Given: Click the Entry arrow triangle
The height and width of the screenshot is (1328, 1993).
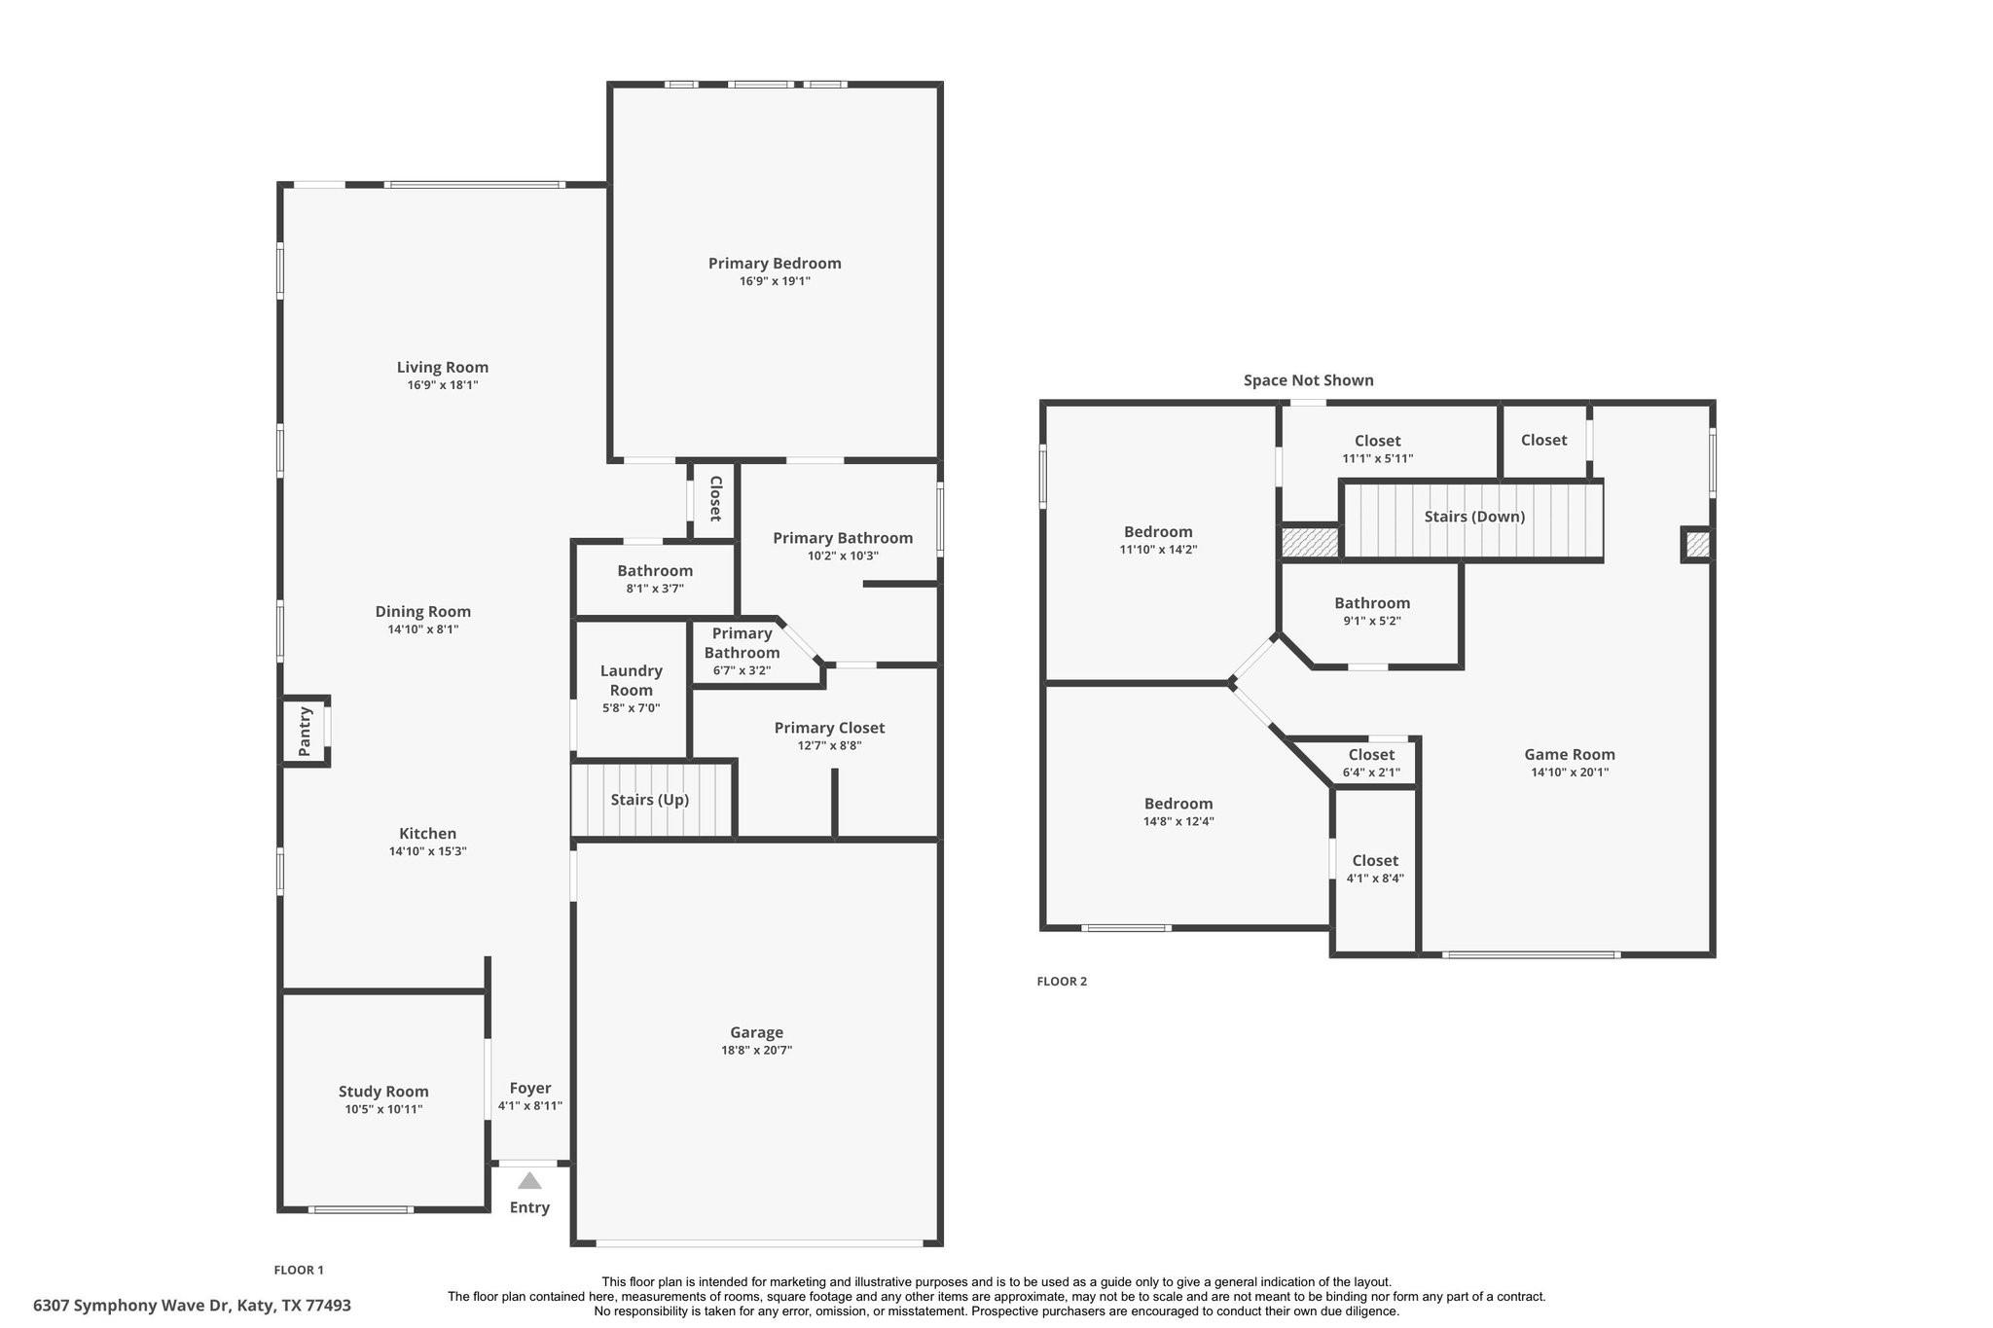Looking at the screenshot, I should [529, 1181].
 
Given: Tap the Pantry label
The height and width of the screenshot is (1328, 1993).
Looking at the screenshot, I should [305, 731].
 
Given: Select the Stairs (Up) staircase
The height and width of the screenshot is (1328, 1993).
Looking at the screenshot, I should [650, 800].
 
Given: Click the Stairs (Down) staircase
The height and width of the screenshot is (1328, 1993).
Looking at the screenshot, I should [1473, 518].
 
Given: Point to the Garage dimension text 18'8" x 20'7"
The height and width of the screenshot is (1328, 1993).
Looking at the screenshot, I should [756, 1051].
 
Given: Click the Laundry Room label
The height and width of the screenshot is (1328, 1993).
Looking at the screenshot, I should [631, 680].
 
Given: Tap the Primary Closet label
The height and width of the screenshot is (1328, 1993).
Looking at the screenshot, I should [829, 728].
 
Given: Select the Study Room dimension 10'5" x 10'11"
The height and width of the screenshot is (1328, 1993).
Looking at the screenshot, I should [383, 1109].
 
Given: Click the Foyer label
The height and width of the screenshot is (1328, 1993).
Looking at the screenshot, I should [530, 1088].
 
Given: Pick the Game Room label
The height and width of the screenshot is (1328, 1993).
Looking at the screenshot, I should [1569, 754].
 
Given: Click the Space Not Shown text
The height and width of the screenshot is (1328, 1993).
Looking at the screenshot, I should [1308, 380].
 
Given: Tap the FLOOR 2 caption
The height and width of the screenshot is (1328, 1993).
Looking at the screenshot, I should [1062, 982].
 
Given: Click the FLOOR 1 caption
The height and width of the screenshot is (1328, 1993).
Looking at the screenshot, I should [299, 1270].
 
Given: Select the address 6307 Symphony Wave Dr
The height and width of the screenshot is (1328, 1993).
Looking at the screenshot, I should [192, 1306].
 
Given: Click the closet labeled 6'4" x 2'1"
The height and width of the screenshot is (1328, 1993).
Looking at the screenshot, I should [1371, 763].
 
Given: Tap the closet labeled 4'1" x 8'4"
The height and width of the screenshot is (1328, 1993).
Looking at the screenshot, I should [1375, 869].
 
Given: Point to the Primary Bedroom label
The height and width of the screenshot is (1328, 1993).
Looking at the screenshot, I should [775, 264].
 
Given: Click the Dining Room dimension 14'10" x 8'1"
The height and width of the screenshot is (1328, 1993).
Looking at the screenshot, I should [423, 629].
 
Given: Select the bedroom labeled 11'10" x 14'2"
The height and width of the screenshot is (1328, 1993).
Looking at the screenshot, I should [1158, 540].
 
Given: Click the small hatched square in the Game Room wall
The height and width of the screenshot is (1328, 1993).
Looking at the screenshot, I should [1696, 545].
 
